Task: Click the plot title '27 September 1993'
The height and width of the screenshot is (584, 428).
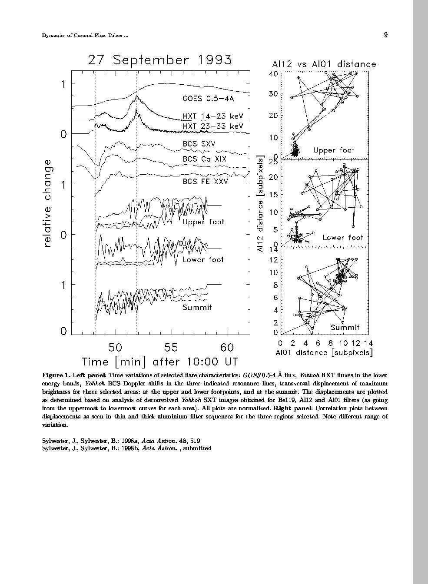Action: tap(159, 60)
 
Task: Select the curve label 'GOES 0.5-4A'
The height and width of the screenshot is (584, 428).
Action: tap(208, 99)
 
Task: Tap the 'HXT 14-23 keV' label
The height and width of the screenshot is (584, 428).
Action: tap(212, 116)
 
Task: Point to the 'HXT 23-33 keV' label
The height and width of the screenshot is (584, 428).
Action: tap(212, 126)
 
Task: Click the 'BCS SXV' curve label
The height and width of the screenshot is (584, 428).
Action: tap(199, 144)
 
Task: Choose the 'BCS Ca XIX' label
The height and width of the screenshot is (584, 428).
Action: tap(204, 159)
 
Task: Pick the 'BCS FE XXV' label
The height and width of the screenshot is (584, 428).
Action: tap(205, 181)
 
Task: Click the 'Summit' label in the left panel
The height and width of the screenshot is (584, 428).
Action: tap(197, 308)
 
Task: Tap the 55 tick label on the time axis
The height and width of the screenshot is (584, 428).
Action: tap(172, 348)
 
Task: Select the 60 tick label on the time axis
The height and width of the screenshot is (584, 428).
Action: tap(227, 348)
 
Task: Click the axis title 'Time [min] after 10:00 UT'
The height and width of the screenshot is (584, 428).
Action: tap(159, 362)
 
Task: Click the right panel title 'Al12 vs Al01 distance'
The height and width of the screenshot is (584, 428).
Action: tap(324, 64)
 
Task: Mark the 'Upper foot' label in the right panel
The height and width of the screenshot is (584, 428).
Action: tap(334, 150)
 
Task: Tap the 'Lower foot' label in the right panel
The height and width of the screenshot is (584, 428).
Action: tap(342, 238)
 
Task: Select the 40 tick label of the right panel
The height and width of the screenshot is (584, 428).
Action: tap(273, 73)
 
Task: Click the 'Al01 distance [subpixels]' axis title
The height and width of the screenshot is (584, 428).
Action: tap(324, 353)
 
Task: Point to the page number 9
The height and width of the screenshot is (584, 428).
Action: tap(385, 35)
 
